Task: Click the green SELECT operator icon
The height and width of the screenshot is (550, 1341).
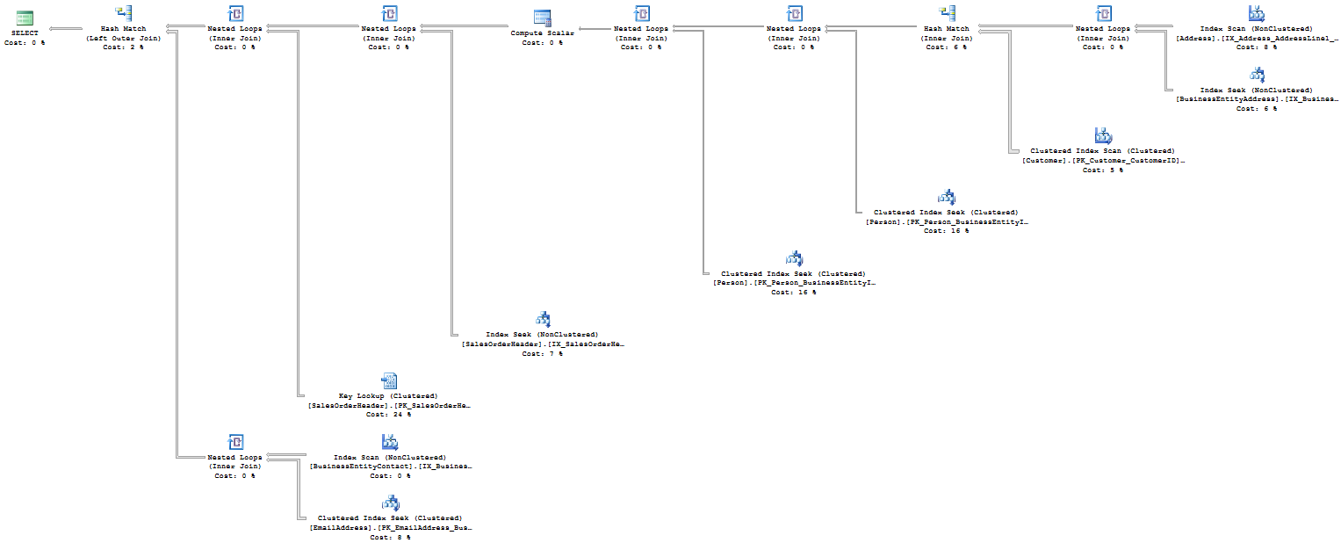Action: [25, 18]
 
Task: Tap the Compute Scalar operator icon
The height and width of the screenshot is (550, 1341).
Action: [543, 18]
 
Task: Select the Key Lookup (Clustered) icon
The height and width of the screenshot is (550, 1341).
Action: [389, 380]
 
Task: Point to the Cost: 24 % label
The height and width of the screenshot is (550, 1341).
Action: [388, 414]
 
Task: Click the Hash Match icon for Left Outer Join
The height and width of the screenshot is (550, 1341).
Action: [123, 13]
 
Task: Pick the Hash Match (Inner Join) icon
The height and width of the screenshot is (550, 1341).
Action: [947, 13]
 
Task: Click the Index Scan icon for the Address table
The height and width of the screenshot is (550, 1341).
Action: [1257, 13]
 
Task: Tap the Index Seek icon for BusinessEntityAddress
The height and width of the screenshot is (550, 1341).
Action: [1257, 75]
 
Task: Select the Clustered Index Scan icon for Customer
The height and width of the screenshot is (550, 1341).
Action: [1103, 135]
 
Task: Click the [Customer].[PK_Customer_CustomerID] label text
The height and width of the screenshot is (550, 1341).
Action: [1103, 161]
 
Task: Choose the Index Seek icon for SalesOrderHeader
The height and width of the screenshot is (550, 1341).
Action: [543, 319]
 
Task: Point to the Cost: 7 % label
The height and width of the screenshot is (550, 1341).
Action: [542, 353]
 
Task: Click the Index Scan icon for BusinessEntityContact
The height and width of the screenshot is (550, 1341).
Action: [389, 442]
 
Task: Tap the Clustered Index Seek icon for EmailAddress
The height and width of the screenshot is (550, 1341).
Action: [389, 503]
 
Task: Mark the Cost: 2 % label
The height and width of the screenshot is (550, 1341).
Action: [123, 47]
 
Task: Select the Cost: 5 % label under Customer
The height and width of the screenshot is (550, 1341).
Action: [1102, 170]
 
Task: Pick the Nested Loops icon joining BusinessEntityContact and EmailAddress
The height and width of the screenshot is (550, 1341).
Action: [234, 442]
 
